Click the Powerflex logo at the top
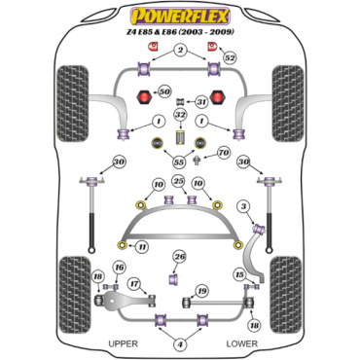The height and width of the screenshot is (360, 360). [x=180, y=17]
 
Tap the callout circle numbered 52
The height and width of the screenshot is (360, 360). [x=230, y=58]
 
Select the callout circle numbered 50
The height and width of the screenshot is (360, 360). [x=164, y=91]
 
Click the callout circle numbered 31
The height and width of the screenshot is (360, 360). [x=201, y=102]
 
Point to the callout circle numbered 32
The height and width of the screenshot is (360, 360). [x=180, y=115]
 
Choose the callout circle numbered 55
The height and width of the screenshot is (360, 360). [x=179, y=162]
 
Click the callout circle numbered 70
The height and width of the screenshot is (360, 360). [x=223, y=153]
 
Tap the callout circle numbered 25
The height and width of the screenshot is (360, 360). [x=178, y=181]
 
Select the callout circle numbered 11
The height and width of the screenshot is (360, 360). [x=141, y=247]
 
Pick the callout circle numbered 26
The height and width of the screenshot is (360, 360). [x=179, y=257]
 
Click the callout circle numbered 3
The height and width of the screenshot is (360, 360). [x=243, y=206]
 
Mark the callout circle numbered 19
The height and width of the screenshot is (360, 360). [x=201, y=291]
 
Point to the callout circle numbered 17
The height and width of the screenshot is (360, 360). [x=134, y=284]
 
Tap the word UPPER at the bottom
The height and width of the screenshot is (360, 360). [x=124, y=343]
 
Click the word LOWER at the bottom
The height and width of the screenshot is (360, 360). [x=242, y=343]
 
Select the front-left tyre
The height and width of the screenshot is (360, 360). [x=73, y=103]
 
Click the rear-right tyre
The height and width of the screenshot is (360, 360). [x=286, y=295]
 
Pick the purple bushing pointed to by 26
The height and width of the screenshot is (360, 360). [x=174, y=279]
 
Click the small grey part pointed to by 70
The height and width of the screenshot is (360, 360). [x=197, y=160]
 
